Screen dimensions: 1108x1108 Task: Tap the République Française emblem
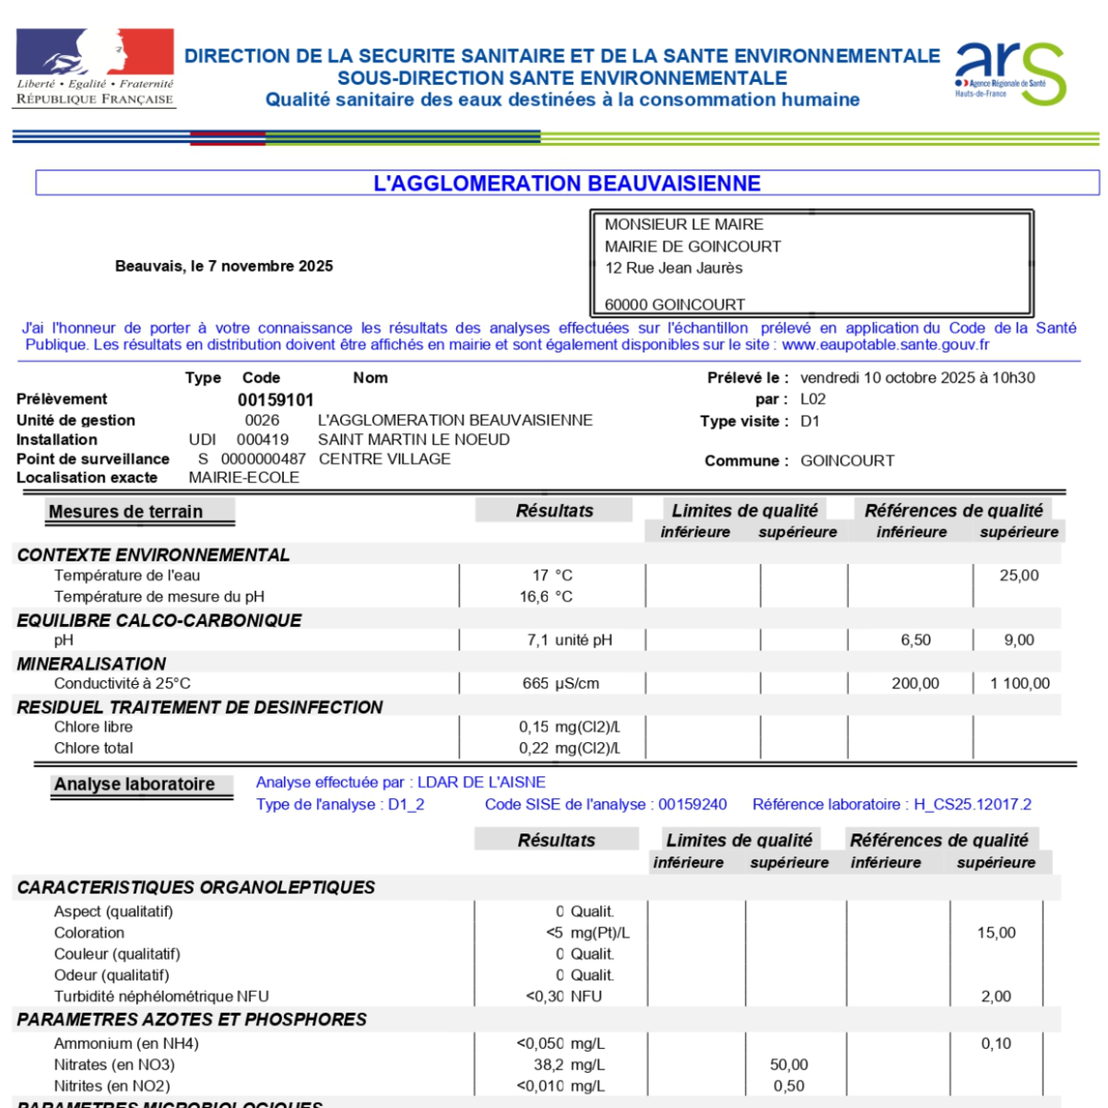click(95, 67)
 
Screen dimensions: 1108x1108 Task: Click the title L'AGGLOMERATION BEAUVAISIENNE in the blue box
click(567, 183)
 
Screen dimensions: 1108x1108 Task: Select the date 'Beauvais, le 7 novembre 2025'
click(224, 266)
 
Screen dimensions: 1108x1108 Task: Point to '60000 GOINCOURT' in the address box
click(675, 304)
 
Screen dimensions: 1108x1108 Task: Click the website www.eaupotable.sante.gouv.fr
click(885, 345)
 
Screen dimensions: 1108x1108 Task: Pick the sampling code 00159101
click(276, 400)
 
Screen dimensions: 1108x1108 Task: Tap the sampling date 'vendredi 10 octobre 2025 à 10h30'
click(917, 378)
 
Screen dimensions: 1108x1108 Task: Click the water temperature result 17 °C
click(552, 575)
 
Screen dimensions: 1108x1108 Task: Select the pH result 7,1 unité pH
click(569, 640)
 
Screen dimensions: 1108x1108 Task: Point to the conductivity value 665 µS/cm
click(560, 683)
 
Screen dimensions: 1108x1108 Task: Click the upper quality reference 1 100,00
click(1020, 683)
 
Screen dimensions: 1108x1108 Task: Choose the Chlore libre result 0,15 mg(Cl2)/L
click(569, 726)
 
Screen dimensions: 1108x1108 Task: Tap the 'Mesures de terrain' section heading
click(125, 512)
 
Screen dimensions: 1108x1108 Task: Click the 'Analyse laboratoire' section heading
click(135, 784)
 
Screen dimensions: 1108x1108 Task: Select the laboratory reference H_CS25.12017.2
click(972, 805)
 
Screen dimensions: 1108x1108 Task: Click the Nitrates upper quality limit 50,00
click(789, 1065)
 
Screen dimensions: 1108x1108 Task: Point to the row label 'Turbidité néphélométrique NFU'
click(161, 996)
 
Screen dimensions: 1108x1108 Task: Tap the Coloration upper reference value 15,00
click(996, 933)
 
